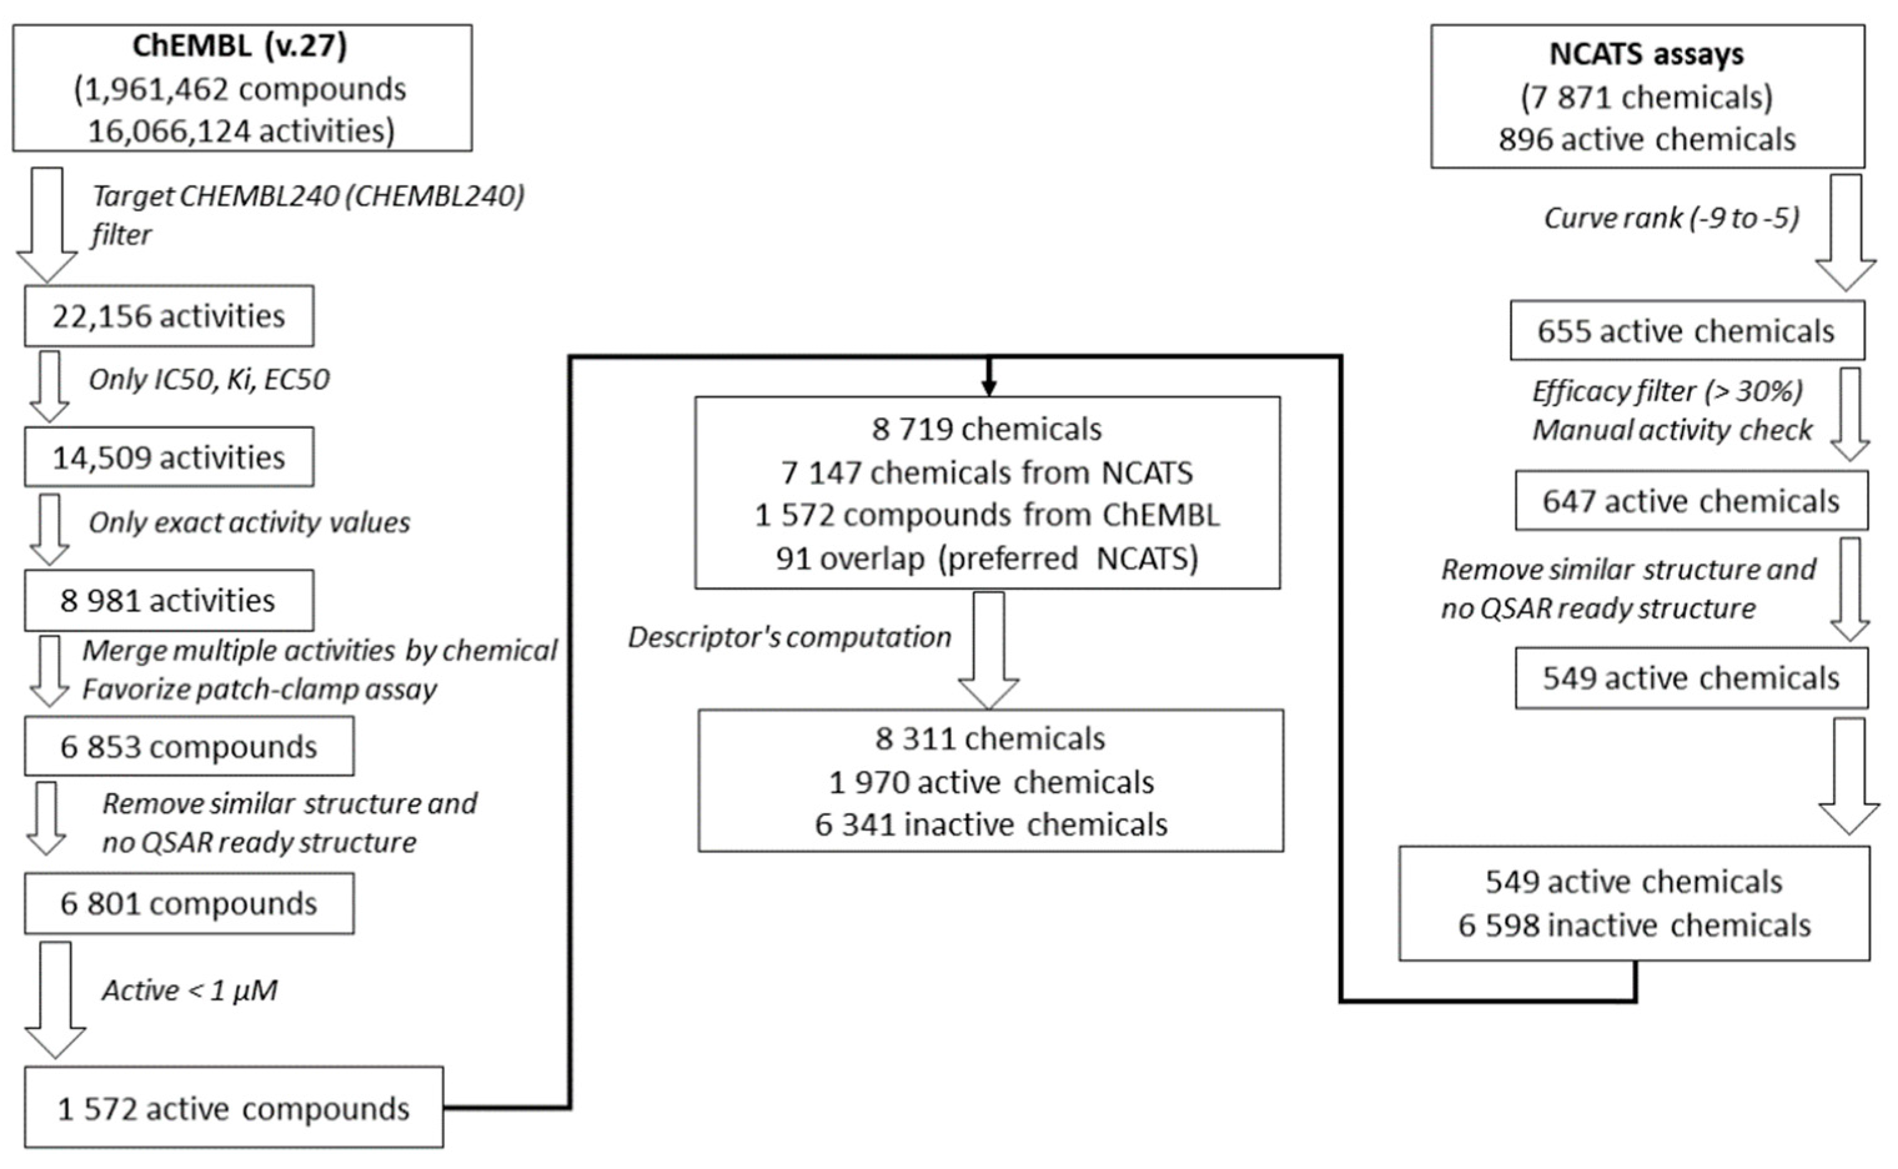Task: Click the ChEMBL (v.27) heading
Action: pyautogui.click(x=240, y=46)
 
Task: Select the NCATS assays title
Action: pyautogui.click(x=1646, y=54)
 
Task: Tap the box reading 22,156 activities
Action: pyautogui.click(x=169, y=316)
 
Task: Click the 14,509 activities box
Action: pyautogui.click(x=169, y=457)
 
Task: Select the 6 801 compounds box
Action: pyautogui.click(x=188, y=904)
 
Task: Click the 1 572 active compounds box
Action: pyautogui.click(x=233, y=1108)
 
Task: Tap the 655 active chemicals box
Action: pyautogui.click(x=1686, y=331)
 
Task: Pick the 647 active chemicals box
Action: pyautogui.click(x=1691, y=501)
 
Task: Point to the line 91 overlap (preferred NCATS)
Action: pyautogui.click(x=987, y=558)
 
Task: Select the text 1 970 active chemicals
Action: pyautogui.click(x=991, y=783)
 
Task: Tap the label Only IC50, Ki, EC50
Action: pyautogui.click(x=208, y=379)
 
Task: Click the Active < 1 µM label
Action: pyautogui.click(x=189, y=990)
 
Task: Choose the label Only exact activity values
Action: pyautogui.click(x=249, y=522)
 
